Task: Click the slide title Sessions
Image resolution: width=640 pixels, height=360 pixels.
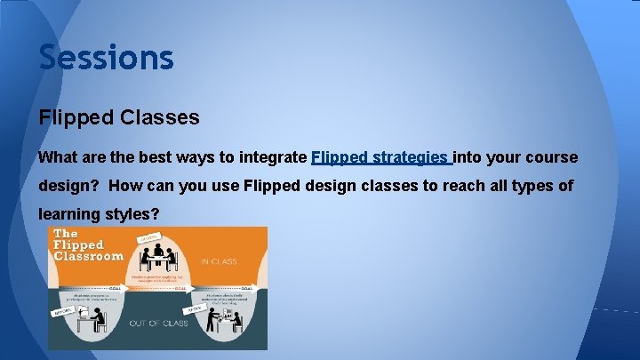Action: pos(106,58)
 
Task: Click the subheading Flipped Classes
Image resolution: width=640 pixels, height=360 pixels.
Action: pos(119,117)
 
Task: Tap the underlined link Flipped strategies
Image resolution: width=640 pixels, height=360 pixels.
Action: pos(381,157)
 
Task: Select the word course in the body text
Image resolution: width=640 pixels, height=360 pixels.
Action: pos(553,157)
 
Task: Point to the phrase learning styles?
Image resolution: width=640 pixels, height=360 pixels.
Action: pos(98,214)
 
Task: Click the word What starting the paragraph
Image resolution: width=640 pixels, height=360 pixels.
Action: pos(59,157)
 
